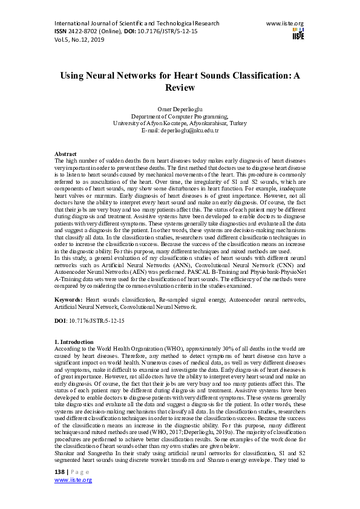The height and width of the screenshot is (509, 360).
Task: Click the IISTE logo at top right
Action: pos(298,33)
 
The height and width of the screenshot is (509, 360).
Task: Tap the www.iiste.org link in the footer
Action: pos(73,480)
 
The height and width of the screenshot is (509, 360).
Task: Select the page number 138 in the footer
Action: pos(60,471)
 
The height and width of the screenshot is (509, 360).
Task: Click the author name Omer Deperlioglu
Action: pos(180,109)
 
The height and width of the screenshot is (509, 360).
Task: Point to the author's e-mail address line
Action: pos(180,130)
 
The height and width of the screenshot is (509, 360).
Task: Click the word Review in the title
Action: pos(180,88)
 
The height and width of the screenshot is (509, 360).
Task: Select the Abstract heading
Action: pos(65,155)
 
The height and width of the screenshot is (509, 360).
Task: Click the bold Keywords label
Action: pos(68,300)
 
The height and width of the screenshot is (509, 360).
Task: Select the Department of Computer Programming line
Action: pos(180,116)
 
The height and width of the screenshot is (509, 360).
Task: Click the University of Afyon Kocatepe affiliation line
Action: pos(180,123)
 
